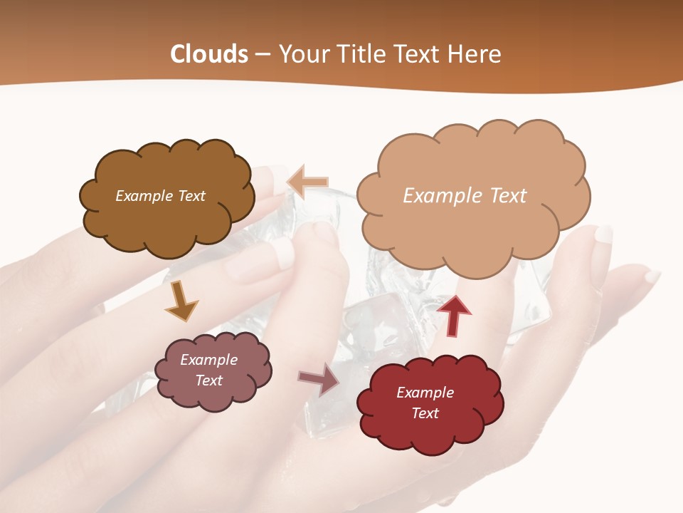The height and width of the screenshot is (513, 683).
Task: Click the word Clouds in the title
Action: [x=209, y=54]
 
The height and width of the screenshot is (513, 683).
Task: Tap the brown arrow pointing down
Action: [x=181, y=301]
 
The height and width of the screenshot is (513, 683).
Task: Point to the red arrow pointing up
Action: [x=454, y=315]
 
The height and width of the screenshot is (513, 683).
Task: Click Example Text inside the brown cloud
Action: [x=160, y=196]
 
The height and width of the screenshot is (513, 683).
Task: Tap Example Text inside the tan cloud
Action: [x=465, y=196]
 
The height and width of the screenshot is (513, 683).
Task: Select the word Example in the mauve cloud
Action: [x=208, y=360]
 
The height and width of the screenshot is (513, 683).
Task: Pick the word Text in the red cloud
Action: [x=425, y=413]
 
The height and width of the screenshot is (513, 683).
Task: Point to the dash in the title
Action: [x=262, y=55]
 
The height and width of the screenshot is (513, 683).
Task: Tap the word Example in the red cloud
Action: [x=425, y=393]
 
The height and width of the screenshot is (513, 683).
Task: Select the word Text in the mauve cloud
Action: [x=208, y=380]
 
